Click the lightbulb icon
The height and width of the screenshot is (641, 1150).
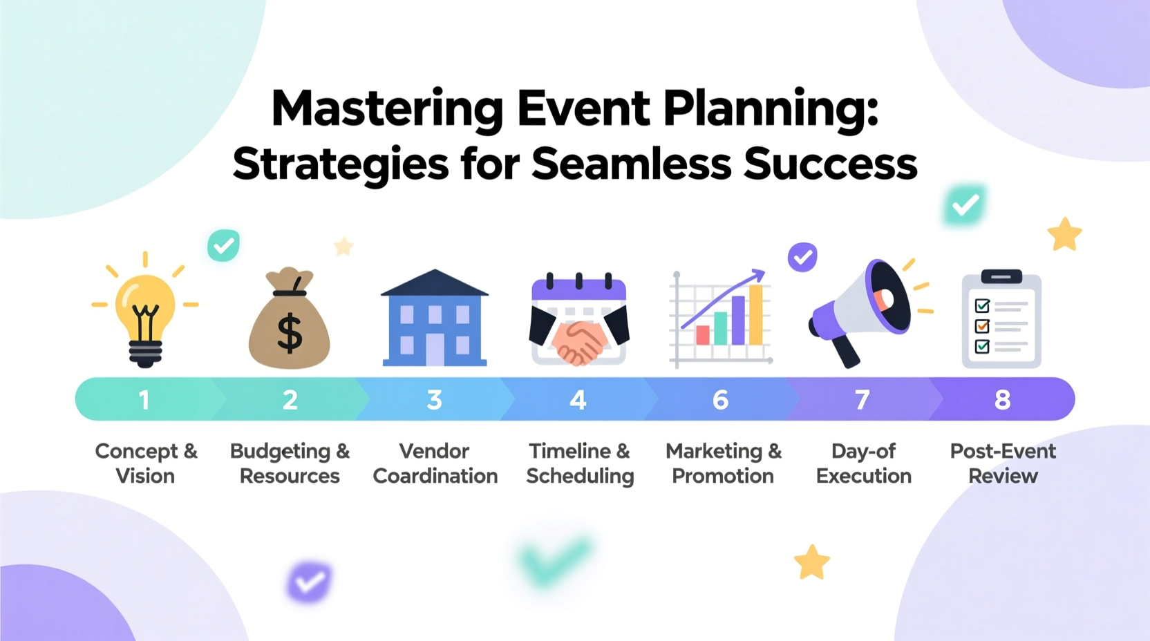(x=145, y=314)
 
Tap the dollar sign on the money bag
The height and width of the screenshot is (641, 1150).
(x=290, y=333)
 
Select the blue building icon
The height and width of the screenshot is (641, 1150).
(x=435, y=319)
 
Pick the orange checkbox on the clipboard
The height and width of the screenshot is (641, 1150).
(x=982, y=326)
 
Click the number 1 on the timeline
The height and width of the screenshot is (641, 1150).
(x=144, y=400)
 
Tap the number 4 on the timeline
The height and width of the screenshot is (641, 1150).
(x=578, y=400)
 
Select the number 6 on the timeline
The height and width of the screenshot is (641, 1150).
(x=721, y=400)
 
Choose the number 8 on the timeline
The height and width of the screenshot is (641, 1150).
(x=1002, y=400)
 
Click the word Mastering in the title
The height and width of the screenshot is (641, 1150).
(x=387, y=109)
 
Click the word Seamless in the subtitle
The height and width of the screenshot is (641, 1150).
(x=631, y=164)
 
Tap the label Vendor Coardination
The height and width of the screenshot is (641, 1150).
(x=435, y=463)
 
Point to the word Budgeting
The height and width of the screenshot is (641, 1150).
(x=280, y=452)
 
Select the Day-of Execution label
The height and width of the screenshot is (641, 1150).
(x=864, y=463)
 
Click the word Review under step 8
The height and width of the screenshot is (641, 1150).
(x=1003, y=476)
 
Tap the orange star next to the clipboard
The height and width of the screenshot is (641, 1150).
(x=1064, y=235)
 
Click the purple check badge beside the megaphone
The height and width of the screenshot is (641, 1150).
(x=802, y=258)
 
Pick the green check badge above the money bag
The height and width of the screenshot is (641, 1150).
(x=223, y=245)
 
